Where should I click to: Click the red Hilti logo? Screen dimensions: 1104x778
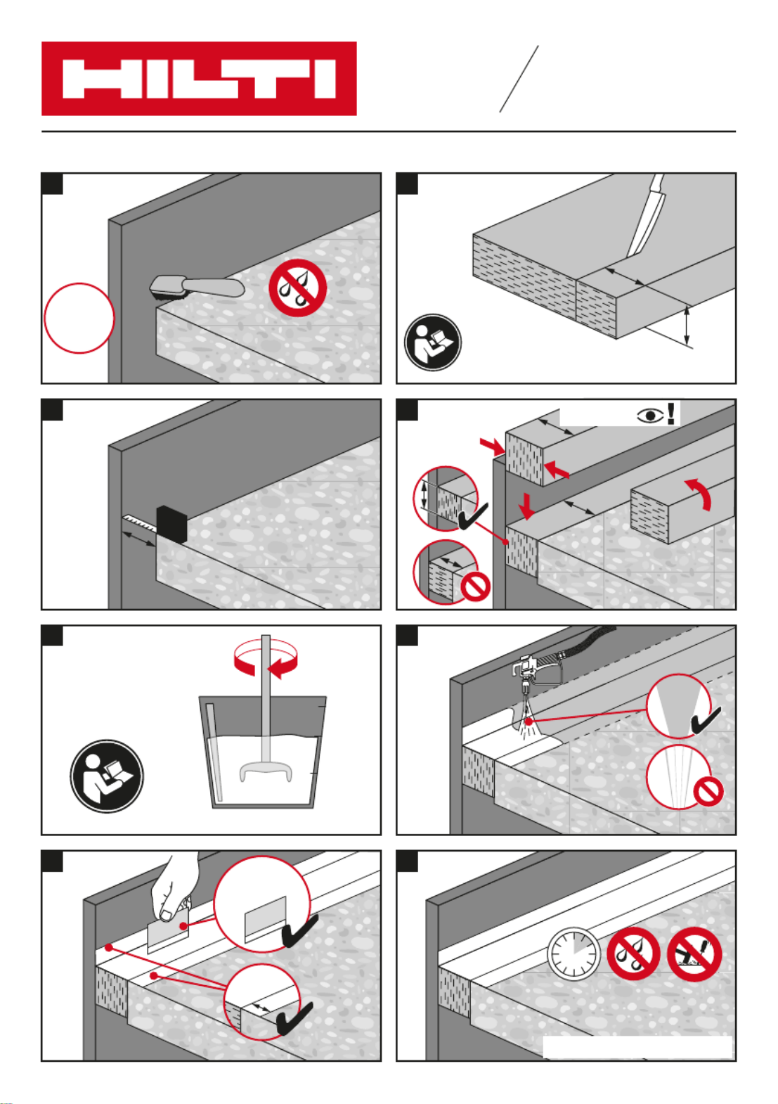(x=199, y=79)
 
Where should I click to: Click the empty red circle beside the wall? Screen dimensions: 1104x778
(x=79, y=318)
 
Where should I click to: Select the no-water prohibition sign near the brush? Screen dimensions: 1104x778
(x=297, y=288)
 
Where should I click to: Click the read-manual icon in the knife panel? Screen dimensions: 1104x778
(x=433, y=342)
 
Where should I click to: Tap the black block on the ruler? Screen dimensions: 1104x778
(x=171, y=524)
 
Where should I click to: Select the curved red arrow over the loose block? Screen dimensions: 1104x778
(x=699, y=492)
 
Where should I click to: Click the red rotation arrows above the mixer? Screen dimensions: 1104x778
(x=266, y=662)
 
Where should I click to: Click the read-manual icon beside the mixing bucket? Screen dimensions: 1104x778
(x=107, y=776)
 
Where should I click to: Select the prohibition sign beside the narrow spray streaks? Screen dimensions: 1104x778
(x=708, y=792)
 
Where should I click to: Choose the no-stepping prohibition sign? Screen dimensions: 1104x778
(x=694, y=954)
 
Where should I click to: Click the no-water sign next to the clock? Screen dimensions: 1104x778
(x=633, y=954)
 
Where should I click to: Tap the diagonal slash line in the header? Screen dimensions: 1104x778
(x=519, y=79)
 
